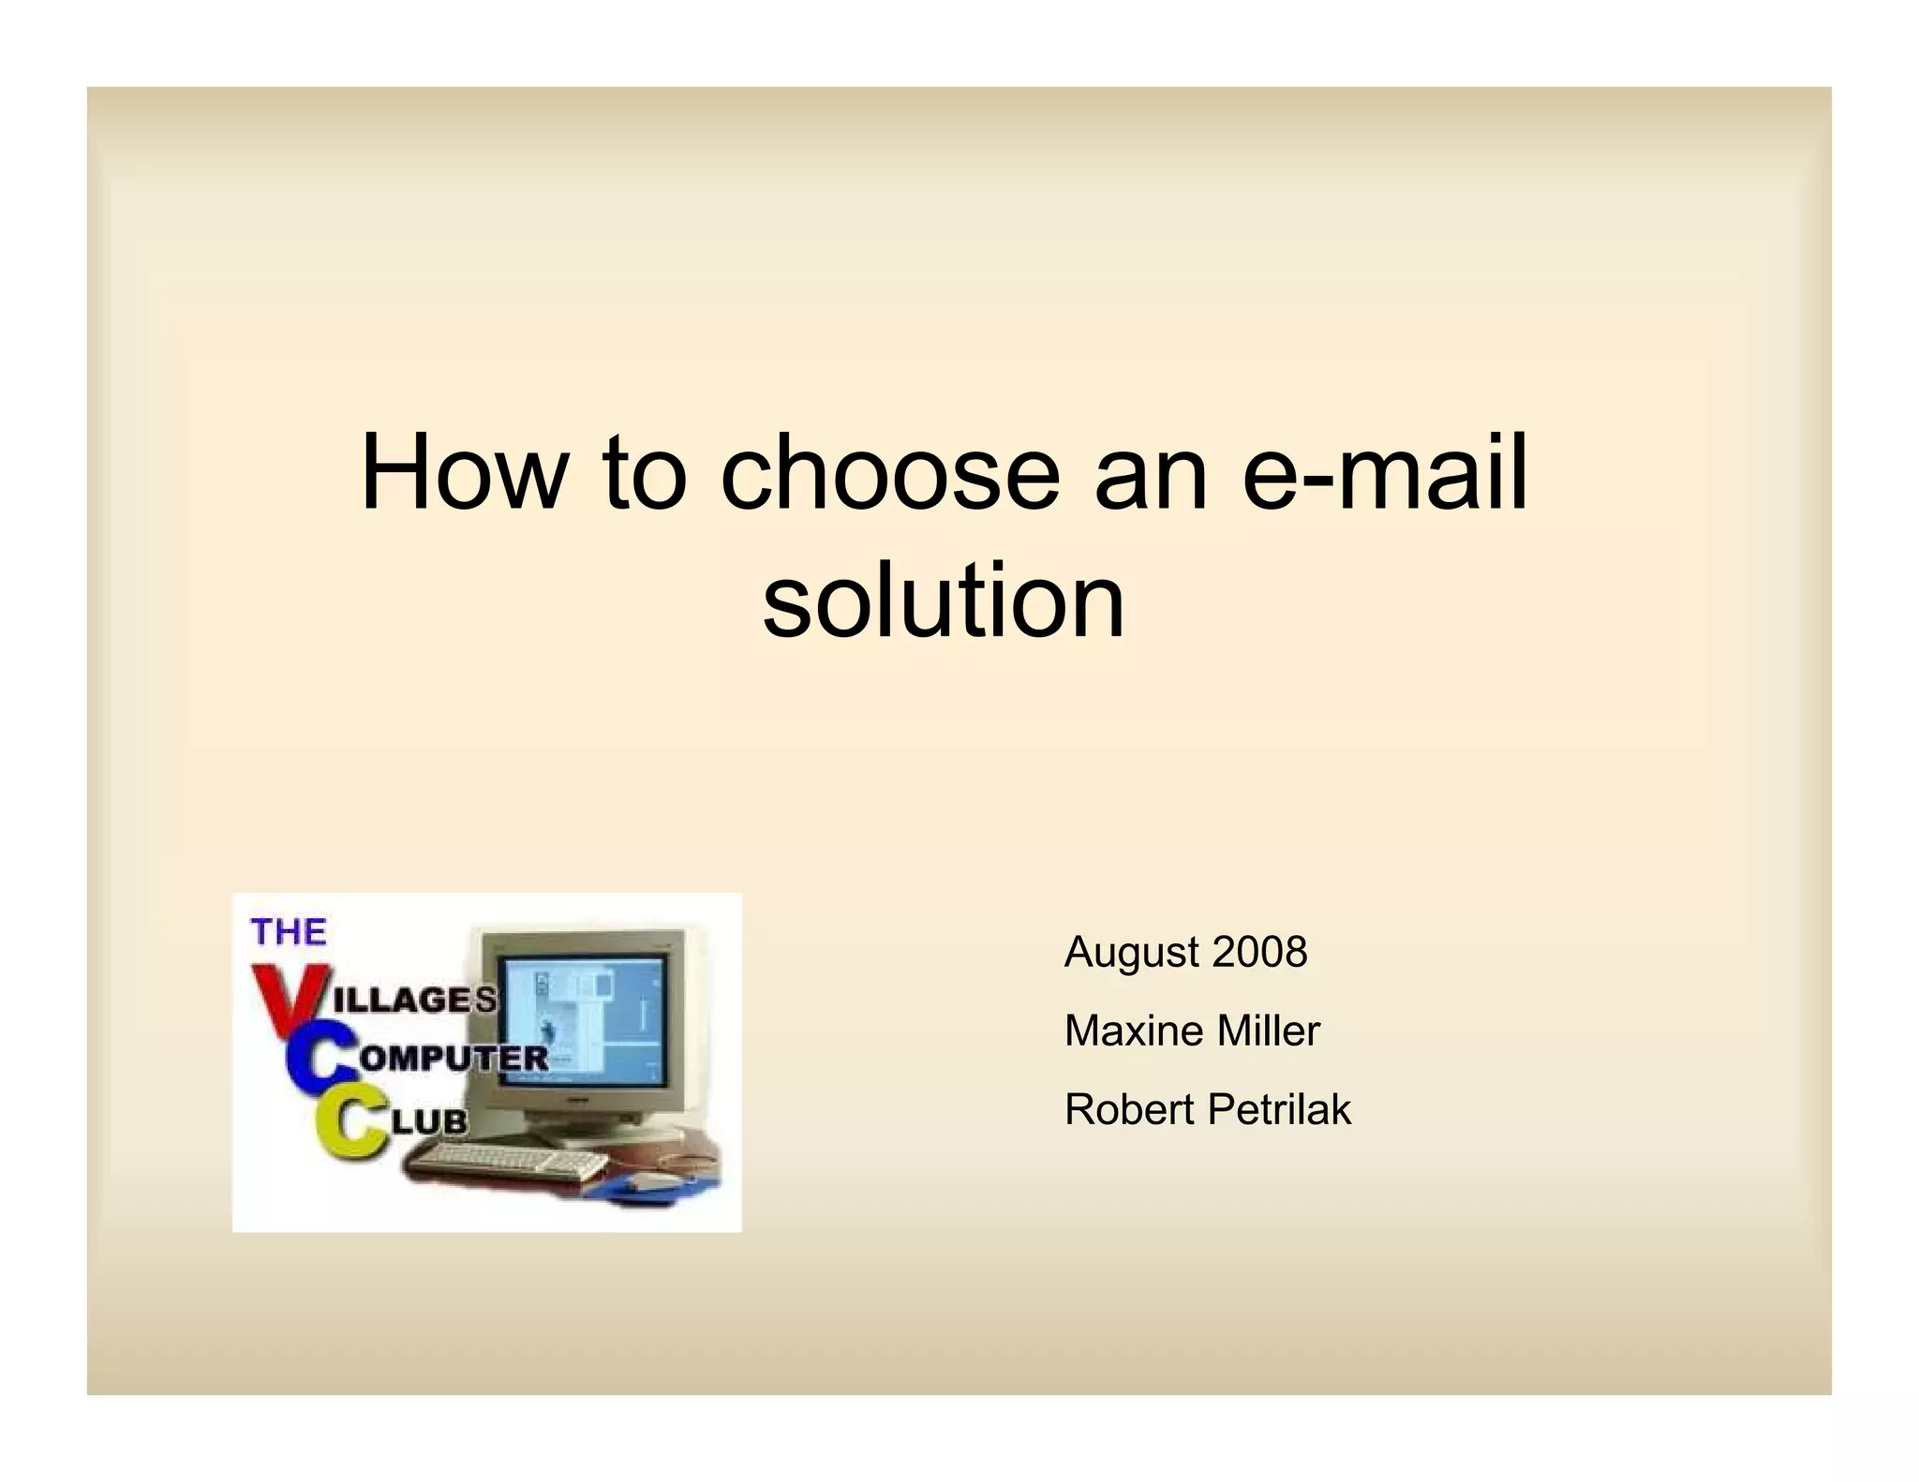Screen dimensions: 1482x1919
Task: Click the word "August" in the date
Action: tap(1132, 954)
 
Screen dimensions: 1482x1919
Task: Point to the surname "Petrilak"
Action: tap(1279, 1110)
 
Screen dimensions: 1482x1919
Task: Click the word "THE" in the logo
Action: tap(289, 932)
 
